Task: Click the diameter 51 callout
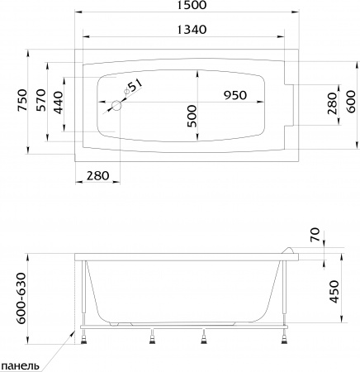coord(135,84)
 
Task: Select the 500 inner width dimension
coord(191,118)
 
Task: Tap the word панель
coord(21,365)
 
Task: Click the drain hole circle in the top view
coord(116,105)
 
